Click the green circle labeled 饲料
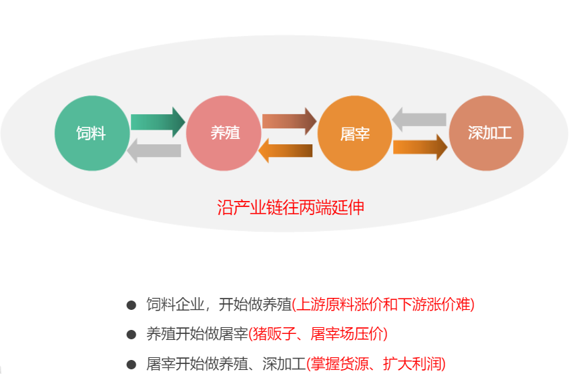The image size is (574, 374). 91,133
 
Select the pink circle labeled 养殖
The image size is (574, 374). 224,133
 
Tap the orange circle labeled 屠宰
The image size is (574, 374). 354,133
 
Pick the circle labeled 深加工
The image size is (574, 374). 487,133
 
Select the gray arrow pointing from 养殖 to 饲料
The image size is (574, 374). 154,150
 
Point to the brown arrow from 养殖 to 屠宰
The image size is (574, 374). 289,122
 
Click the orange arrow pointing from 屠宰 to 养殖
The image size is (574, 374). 285,150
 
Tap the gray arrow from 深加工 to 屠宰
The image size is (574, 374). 419,120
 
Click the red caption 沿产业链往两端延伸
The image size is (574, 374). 291,207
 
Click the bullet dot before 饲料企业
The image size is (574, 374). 131,305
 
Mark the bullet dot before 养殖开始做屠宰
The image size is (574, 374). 131,334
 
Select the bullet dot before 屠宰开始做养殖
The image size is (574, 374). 131,363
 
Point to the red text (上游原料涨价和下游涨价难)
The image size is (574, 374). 383,305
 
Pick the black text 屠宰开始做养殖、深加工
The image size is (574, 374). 226,363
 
